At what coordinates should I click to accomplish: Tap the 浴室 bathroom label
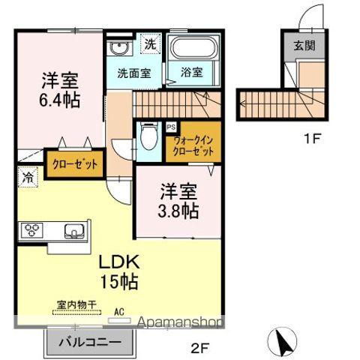tap(190, 73)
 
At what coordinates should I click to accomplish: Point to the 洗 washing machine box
tap(150, 43)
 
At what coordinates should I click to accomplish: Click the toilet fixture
tap(148, 139)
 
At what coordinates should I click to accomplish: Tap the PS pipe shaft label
tap(171, 127)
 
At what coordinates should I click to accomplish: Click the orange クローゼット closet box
tap(73, 164)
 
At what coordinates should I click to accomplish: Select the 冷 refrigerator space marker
tap(26, 180)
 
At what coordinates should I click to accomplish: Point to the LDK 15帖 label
tap(118, 273)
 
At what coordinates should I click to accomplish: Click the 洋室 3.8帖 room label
tap(178, 200)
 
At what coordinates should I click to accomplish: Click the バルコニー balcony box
tap(92, 343)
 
